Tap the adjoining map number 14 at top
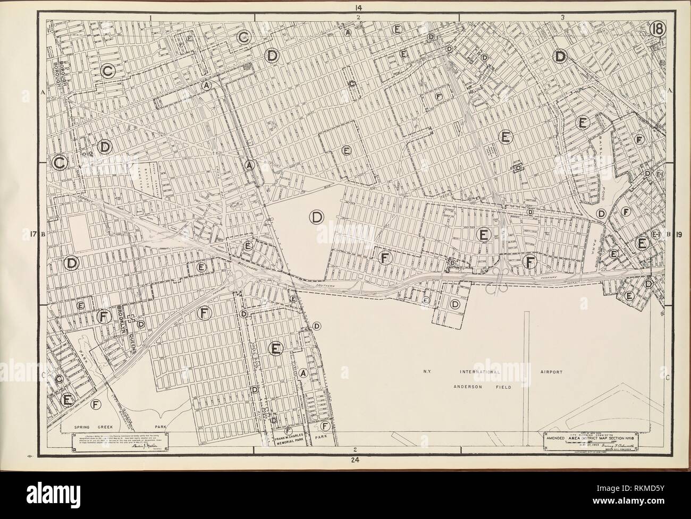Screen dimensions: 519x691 pyautogui.click(x=359, y=6)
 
